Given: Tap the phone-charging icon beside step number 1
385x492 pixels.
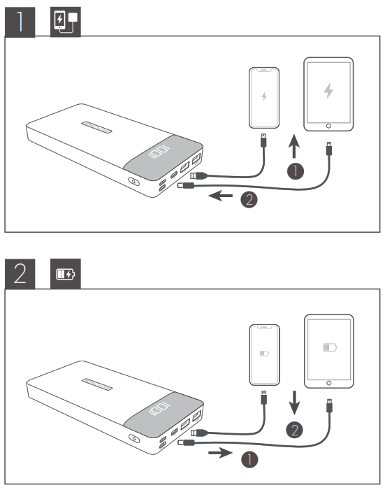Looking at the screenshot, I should [x=66, y=22].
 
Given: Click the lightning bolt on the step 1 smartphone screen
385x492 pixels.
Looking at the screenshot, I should [x=264, y=96].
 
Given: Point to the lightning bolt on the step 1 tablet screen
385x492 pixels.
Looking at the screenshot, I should [x=328, y=91].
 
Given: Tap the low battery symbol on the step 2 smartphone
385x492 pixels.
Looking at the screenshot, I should [x=264, y=354].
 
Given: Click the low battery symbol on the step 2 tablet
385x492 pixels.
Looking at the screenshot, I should [x=328, y=347].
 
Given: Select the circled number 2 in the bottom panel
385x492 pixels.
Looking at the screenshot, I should [x=296, y=429].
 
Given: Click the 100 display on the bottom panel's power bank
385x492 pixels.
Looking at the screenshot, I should [x=161, y=406].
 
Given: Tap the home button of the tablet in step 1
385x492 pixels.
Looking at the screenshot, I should [x=328, y=126].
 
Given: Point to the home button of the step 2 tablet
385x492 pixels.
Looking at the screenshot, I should [x=328, y=383].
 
